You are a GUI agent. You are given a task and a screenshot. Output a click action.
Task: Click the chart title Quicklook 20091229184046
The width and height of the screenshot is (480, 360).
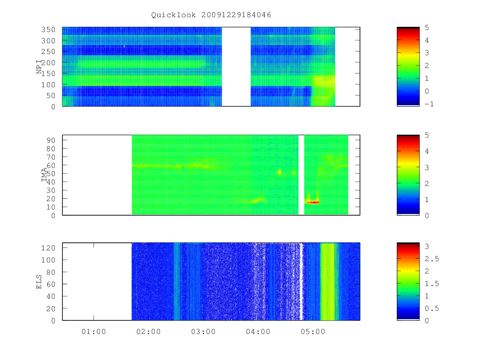click(211, 15)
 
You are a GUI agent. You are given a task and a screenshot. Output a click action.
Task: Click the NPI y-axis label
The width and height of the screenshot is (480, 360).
click(39, 67)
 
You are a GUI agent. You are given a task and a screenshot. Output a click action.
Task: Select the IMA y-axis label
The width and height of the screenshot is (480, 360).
click(44, 175)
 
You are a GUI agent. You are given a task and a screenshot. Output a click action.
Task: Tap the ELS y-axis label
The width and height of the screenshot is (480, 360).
click(39, 282)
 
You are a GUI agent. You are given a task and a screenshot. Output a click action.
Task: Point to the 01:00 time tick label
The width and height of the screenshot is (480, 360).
click(94, 332)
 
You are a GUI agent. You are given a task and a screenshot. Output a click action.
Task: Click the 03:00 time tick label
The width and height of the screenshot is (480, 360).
click(203, 332)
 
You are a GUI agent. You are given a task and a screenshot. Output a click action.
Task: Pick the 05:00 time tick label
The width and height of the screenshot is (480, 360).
click(313, 332)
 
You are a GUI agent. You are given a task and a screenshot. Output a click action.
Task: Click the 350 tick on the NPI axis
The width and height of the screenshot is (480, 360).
click(48, 30)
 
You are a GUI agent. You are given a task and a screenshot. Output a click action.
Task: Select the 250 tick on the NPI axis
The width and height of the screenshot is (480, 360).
click(48, 52)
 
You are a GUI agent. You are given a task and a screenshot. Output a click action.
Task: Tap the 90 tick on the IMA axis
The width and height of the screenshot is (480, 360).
click(51, 140)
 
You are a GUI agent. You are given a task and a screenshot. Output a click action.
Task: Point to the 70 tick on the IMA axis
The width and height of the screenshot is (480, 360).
click(51, 157)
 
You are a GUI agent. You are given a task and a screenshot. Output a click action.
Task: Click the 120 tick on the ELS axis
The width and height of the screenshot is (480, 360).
click(48, 248)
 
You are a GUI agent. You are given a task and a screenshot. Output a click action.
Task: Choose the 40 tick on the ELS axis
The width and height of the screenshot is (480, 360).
click(51, 296)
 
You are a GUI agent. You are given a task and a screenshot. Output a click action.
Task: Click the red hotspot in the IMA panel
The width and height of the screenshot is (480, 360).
click(313, 202)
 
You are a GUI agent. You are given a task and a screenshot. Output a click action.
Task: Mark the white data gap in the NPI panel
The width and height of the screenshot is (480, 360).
click(236, 67)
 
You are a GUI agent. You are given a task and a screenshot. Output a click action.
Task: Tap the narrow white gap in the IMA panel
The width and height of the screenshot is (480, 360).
click(301, 175)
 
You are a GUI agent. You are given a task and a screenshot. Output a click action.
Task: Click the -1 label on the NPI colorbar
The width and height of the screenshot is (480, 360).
click(429, 104)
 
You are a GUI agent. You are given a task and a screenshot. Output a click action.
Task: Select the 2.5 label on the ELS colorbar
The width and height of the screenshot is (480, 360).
click(432, 259)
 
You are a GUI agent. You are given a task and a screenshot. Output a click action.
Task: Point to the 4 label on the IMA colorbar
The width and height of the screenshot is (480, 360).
click(427, 151)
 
